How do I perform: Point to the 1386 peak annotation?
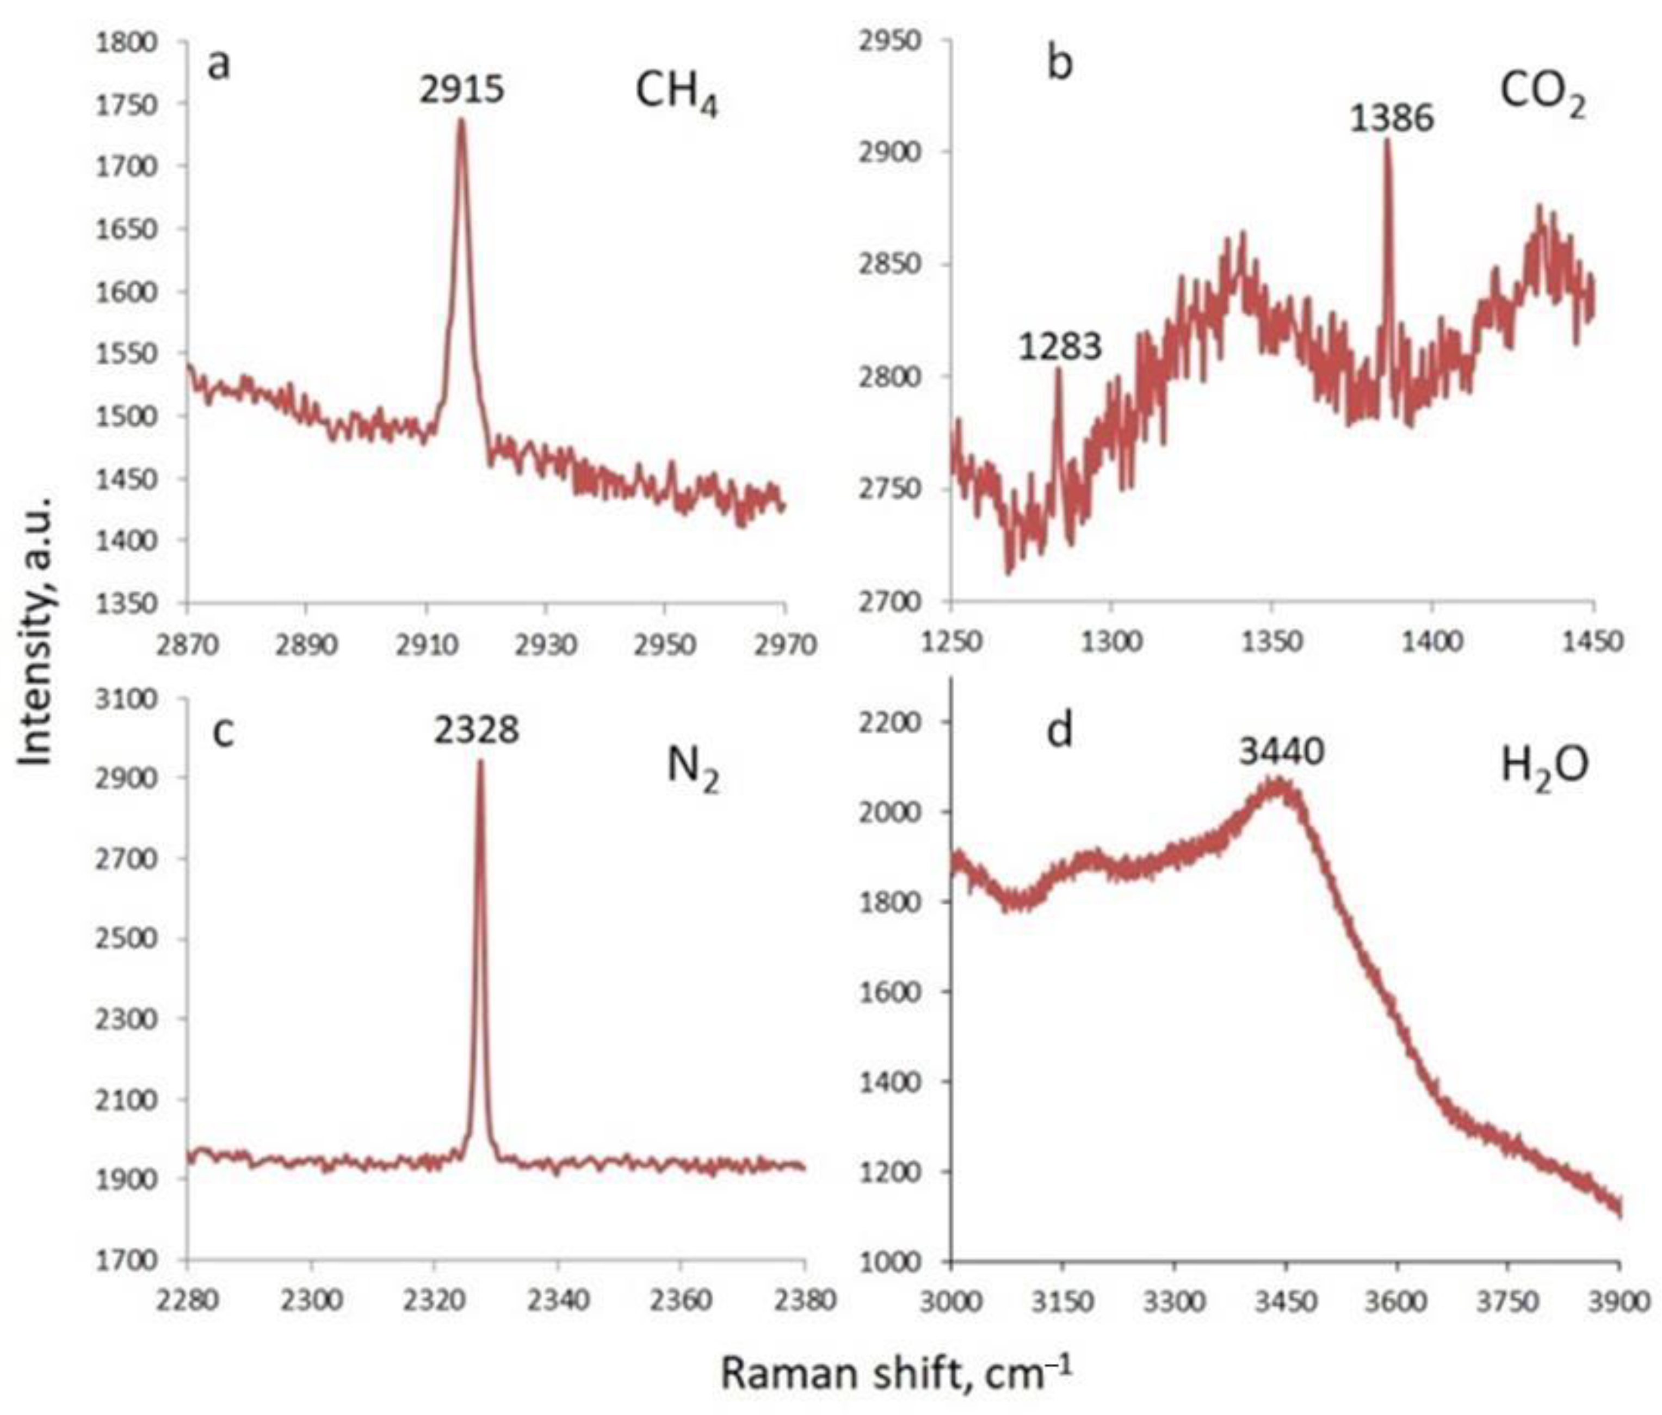[1391, 119]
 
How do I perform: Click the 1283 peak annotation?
[1060, 347]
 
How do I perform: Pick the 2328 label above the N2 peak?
[477, 730]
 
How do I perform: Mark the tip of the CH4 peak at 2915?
[461, 120]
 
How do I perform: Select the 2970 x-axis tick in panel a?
[784, 645]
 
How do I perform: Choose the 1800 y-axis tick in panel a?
[126, 42]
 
